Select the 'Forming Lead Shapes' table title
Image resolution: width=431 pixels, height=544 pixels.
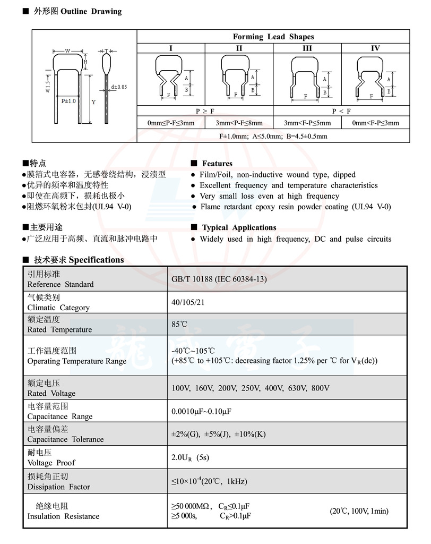point(273,37)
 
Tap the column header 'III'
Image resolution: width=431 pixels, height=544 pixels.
point(307,48)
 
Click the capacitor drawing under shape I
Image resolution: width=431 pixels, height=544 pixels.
point(171,78)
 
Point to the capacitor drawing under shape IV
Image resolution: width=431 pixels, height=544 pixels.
point(375,79)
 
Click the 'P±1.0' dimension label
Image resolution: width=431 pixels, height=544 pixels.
point(68,100)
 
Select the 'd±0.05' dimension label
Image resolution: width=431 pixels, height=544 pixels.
point(119,87)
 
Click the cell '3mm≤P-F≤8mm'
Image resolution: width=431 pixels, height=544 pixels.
point(239,123)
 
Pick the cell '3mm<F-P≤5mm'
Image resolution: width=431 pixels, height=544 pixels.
point(307,123)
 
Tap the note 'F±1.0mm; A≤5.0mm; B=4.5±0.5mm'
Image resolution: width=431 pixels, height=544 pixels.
point(273,136)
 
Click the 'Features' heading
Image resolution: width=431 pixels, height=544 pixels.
point(217,164)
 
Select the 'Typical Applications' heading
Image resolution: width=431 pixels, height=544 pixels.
point(239,227)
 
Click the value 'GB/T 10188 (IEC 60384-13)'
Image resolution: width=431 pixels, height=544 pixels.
point(219,279)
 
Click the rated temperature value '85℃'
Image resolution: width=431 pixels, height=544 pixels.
point(179,324)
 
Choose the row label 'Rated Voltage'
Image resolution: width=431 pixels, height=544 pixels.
point(51,393)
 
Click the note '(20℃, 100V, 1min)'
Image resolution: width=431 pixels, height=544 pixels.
point(359,511)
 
